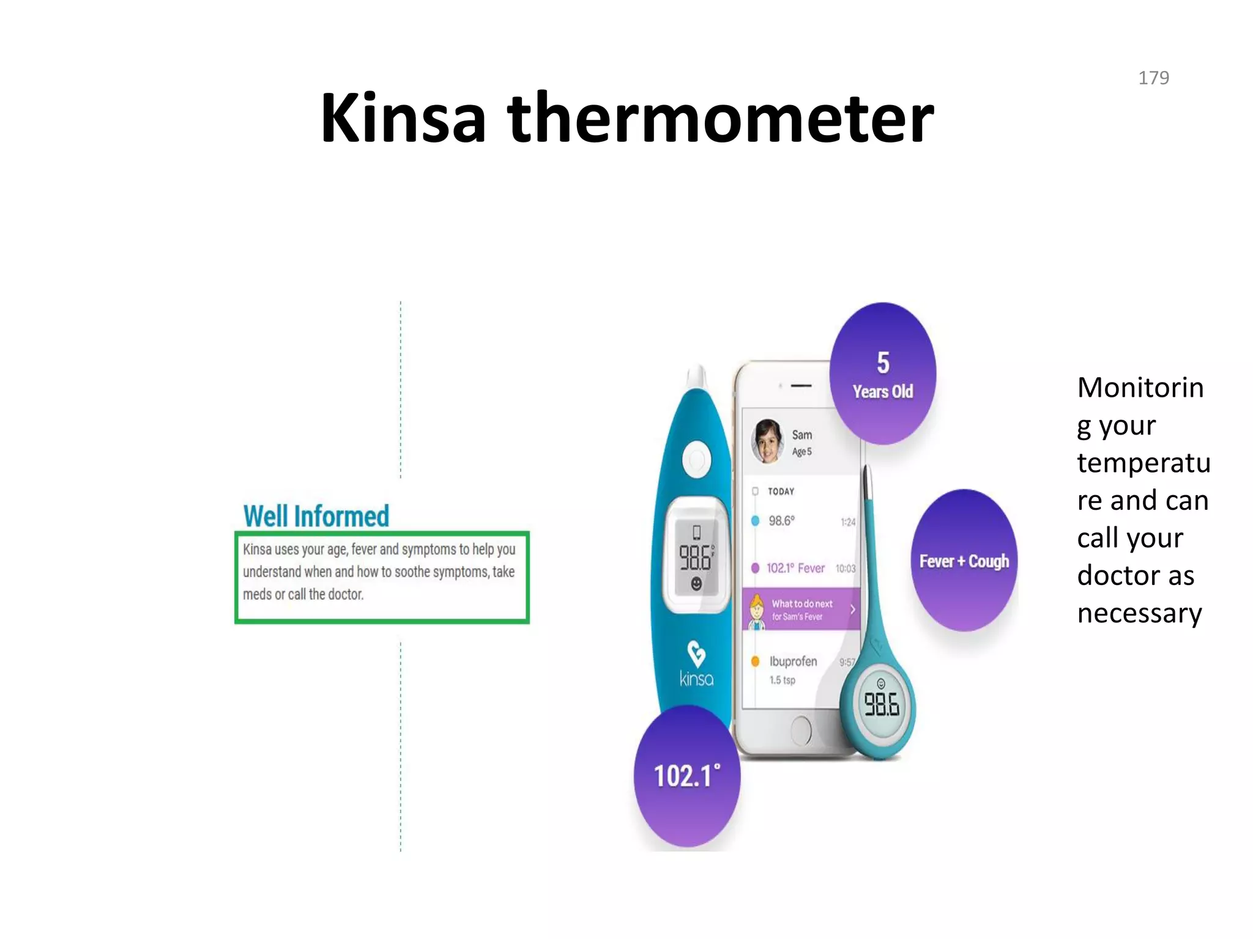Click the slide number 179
click(x=1153, y=78)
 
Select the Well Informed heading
click(x=316, y=516)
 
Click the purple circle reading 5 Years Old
click(x=882, y=374)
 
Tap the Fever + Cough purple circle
click(x=964, y=561)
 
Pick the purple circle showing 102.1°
click(x=686, y=776)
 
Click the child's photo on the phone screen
click(x=767, y=441)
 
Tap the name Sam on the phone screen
click(x=801, y=435)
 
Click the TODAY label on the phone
click(x=781, y=492)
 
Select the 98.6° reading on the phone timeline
click(x=781, y=521)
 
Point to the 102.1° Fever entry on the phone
click(x=795, y=568)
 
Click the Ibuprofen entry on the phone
click(x=793, y=661)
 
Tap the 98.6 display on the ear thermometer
click(x=696, y=557)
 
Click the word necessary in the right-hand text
click(x=1139, y=613)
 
